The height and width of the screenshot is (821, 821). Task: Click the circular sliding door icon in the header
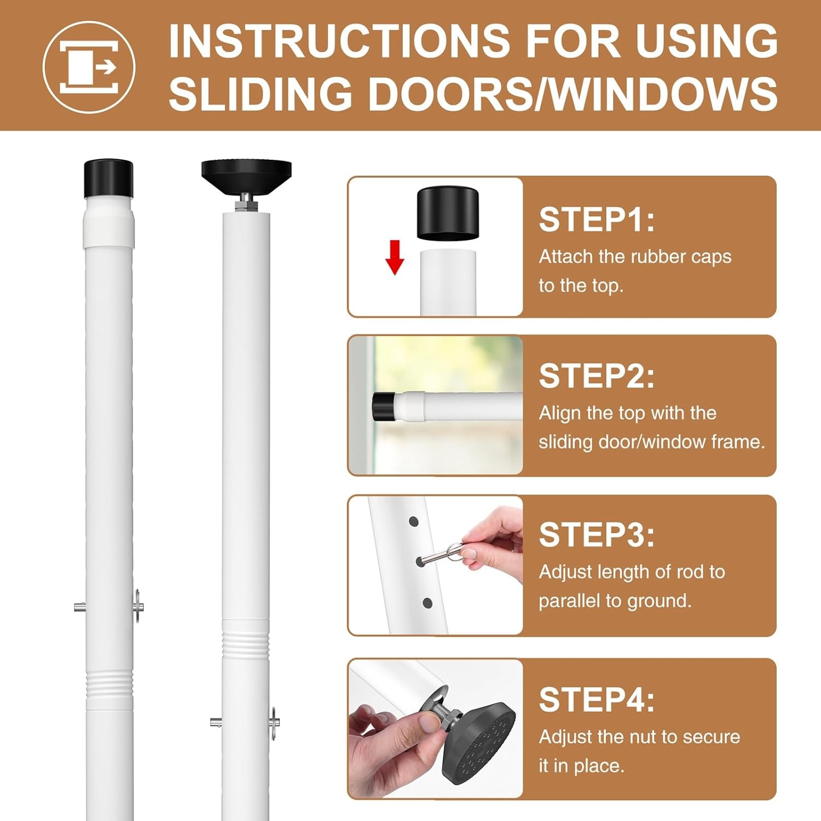pos(89,67)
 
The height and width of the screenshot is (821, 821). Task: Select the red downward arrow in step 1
pos(395,257)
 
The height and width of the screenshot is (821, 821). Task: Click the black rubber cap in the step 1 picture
pos(448,213)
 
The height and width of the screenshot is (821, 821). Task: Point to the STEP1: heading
pos(597,220)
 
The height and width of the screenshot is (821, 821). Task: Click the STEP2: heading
pos(597,376)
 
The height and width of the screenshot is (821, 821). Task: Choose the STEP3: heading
pos(597,535)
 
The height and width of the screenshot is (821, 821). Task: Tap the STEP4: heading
pos(597,699)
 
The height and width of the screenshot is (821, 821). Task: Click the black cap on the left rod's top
pos(108,178)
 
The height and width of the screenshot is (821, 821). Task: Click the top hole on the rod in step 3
pos(413,521)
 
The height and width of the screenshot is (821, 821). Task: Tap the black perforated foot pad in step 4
pos(479,739)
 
